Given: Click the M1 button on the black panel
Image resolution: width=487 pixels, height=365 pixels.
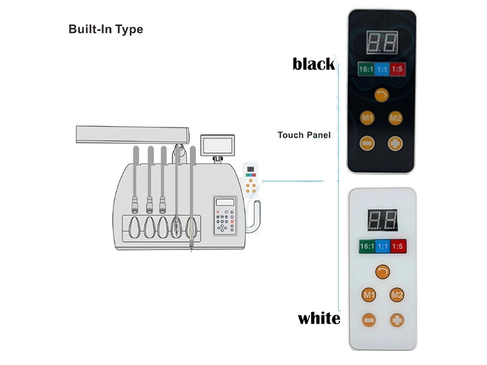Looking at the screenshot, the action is (367, 118).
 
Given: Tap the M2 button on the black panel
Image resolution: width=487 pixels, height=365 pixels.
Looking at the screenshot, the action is (396, 118).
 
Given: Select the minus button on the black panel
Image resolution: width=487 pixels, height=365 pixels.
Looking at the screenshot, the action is (367, 143).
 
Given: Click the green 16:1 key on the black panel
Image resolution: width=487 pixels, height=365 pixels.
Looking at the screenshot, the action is (366, 69).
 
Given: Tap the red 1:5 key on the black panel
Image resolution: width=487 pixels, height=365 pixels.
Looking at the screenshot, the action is (397, 69).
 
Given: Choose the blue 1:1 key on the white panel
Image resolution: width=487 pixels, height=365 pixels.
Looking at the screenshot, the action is (383, 246).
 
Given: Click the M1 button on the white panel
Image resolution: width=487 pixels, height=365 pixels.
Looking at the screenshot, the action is (369, 295).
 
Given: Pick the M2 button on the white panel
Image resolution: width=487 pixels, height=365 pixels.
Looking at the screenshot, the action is (397, 295).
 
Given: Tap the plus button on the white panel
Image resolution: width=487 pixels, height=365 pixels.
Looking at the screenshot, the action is (397, 320).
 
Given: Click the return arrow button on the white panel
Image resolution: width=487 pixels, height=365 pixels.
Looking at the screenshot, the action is (383, 272).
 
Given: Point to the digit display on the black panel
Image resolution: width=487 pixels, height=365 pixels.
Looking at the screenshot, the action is (382, 42).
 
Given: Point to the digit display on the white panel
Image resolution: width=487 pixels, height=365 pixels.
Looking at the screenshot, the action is (383, 220).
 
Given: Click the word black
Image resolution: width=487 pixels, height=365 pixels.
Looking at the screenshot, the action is (313, 64).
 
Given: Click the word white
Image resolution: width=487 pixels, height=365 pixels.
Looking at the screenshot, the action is (319, 318).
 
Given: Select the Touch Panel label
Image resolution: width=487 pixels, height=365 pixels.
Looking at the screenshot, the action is (304, 135).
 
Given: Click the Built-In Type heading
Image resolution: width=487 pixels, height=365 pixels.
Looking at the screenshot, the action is (106, 29).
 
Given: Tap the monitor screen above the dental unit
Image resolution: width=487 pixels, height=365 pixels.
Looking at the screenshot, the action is (217, 145).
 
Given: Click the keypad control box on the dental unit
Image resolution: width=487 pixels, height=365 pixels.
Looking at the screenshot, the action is (225, 215).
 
